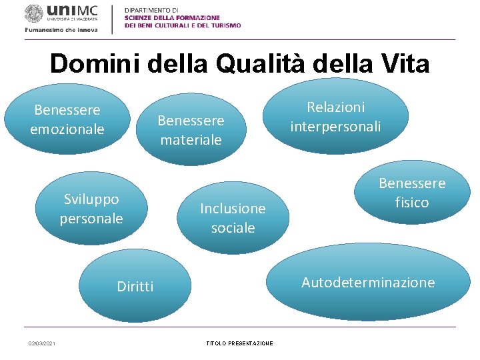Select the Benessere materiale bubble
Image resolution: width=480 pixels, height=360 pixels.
[191, 129]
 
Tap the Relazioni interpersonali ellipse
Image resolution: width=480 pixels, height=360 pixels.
[335, 117]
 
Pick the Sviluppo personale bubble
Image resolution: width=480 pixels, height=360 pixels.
[91, 209]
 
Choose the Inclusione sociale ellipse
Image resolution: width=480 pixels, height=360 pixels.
[233, 218]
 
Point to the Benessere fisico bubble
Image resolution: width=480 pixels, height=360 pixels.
[411, 193]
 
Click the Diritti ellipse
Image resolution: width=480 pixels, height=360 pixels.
[135, 287]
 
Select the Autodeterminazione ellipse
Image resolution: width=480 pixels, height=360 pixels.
[368, 283]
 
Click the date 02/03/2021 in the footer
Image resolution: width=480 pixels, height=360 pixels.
[42, 343]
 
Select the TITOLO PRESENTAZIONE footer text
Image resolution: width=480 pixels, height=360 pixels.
[239, 343]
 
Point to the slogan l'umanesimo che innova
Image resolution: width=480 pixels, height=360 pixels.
[61, 30]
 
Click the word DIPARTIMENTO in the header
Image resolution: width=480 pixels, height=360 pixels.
[151, 10]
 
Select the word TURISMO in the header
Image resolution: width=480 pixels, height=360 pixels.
[225, 25]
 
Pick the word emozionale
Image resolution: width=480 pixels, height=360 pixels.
[67, 129]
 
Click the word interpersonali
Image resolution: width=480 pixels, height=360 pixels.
[335, 127]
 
